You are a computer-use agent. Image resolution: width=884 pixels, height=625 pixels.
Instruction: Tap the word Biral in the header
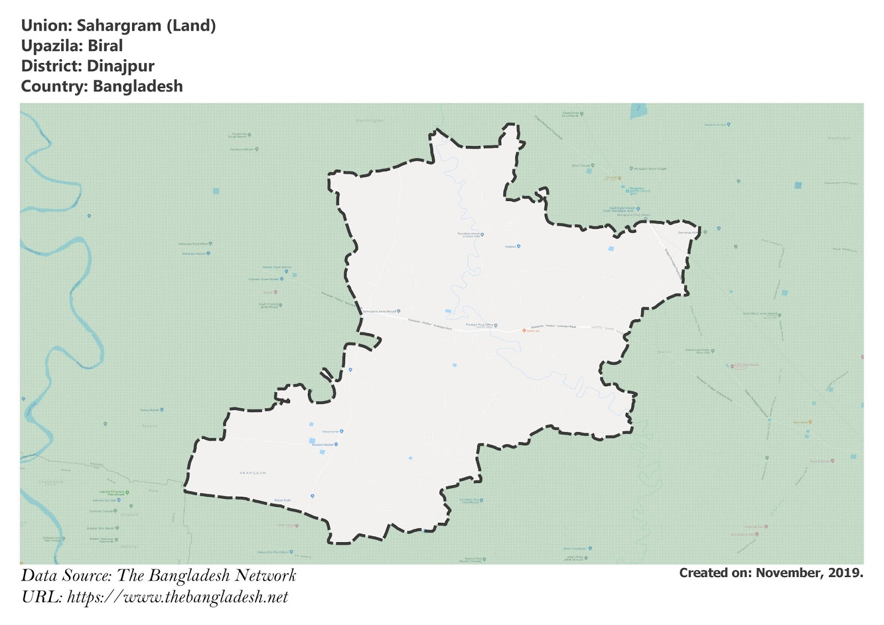tap(105, 46)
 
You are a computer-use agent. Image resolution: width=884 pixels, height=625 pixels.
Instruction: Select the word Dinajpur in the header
tap(120, 66)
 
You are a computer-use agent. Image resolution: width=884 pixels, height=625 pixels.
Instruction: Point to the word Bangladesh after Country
tap(138, 87)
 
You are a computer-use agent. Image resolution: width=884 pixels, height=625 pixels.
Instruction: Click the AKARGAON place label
tap(252, 473)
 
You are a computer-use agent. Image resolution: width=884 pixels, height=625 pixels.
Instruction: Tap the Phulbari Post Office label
tap(480, 325)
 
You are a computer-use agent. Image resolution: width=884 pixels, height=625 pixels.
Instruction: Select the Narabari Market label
tap(323, 444)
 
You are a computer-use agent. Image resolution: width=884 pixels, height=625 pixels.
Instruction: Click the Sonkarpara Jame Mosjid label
tap(380, 312)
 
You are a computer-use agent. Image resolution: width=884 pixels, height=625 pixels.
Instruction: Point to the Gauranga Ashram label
tap(688, 233)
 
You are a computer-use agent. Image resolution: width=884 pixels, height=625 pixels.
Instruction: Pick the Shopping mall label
tap(330, 431)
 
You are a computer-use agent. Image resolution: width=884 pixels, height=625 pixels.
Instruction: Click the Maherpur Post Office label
tap(193, 244)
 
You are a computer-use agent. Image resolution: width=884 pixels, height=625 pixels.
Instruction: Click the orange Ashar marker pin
tap(524, 330)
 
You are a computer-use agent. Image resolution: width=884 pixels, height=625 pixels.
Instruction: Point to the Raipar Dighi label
tap(282, 501)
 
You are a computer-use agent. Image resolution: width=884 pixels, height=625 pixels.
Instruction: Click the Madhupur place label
tap(839, 138)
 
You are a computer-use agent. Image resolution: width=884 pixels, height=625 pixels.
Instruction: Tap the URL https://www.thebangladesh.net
tap(177, 597)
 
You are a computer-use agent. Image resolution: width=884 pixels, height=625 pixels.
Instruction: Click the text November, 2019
tap(809, 573)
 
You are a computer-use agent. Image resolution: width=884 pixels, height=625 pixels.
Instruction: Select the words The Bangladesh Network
tap(207, 576)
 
